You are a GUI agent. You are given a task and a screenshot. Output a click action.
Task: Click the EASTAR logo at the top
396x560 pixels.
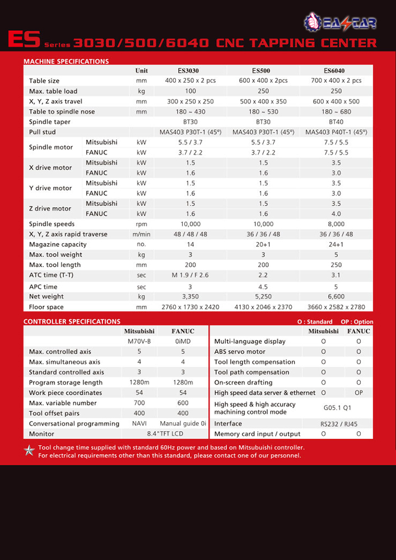(x=340, y=22)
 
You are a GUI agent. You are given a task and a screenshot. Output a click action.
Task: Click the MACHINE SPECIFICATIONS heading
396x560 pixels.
(x=66, y=62)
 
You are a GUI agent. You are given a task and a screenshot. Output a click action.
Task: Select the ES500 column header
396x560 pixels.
(x=260, y=71)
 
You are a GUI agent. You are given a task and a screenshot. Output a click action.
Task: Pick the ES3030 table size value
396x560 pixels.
(x=190, y=81)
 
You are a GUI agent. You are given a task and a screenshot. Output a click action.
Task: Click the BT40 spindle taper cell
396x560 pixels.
(x=336, y=122)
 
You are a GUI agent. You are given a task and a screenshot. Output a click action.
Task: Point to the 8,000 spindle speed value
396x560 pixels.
(x=336, y=224)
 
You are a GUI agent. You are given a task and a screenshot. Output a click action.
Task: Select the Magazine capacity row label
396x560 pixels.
(x=58, y=244)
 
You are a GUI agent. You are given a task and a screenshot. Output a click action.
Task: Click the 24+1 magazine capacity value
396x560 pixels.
(x=336, y=244)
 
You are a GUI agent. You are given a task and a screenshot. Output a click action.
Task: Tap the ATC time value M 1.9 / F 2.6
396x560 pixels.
(x=190, y=275)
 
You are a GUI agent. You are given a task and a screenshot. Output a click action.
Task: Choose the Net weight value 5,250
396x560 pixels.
(x=263, y=296)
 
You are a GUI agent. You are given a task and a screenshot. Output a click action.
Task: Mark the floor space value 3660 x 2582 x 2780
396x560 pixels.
(x=336, y=307)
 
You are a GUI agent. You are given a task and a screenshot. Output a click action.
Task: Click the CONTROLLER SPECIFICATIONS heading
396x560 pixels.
(x=72, y=321)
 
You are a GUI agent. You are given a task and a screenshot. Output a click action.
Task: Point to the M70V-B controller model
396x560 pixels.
(x=139, y=342)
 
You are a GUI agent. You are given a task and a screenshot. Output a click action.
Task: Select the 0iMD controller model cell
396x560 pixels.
(x=183, y=342)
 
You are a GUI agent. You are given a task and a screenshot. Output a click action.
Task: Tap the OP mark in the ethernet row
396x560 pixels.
(x=358, y=393)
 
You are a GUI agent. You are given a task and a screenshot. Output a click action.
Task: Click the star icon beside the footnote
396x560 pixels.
(x=29, y=451)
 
